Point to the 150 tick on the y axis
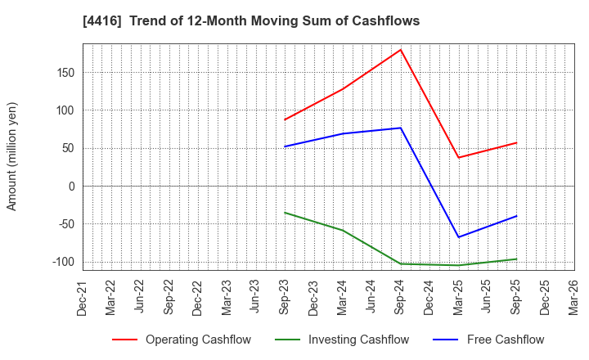[x=65, y=73]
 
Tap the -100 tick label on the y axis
[x=63, y=262]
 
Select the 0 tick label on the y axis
[x=71, y=187]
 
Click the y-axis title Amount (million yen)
[x=12, y=156]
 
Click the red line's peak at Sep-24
[x=401, y=50]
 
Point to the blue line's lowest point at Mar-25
[x=458, y=237]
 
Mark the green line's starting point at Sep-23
[x=285, y=213]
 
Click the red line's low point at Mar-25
[x=458, y=158]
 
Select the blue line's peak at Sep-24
[x=401, y=128]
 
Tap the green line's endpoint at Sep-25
[x=516, y=259]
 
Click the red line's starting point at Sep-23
[x=285, y=119]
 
